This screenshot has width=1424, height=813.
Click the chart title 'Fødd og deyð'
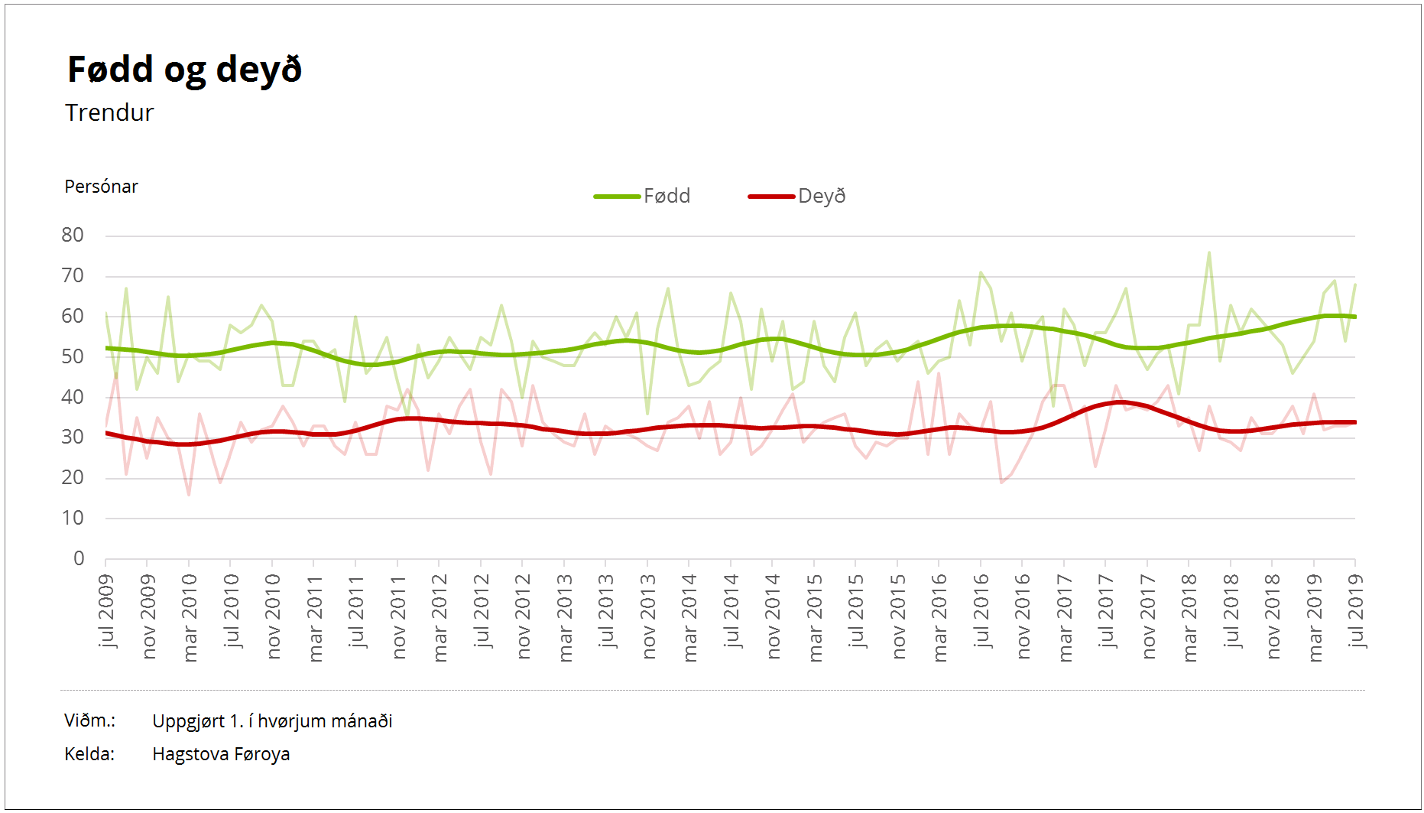point(184,70)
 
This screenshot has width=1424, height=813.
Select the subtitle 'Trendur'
point(109,113)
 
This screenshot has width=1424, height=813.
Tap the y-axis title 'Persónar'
point(101,187)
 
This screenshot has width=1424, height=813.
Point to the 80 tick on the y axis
point(73,236)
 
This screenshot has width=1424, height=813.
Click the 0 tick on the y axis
point(79,559)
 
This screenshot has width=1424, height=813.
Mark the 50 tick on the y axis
point(73,357)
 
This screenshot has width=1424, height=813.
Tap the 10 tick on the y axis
point(73,519)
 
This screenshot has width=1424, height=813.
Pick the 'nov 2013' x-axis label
point(649,616)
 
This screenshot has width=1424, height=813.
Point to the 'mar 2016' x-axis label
point(940,617)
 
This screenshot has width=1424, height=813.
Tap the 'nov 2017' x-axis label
point(1149,616)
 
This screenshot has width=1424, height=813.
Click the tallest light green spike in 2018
point(1208,253)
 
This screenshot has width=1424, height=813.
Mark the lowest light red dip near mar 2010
point(189,494)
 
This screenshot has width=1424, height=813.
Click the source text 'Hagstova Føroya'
point(221,754)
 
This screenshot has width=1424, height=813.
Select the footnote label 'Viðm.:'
point(89,720)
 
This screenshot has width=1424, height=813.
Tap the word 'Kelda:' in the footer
point(89,754)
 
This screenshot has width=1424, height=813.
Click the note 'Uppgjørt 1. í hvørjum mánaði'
point(272,721)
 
